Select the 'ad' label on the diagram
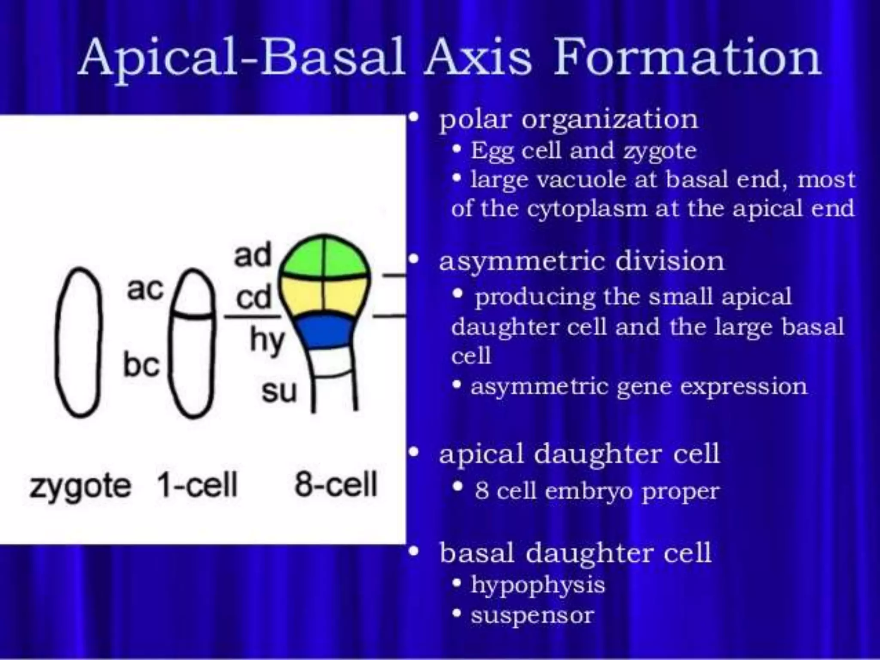click(x=253, y=255)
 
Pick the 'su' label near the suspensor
click(x=279, y=391)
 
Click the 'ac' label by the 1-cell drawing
click(x=145, y=289)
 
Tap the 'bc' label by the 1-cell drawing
click(x=141, y=365)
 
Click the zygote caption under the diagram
click(x=80, y=486)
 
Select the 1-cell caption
click(x=197, y=485)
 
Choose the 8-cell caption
click(x=336, y=484)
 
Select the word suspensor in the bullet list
click(x=532, y=615)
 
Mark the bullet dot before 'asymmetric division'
click(x=414, y=259)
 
